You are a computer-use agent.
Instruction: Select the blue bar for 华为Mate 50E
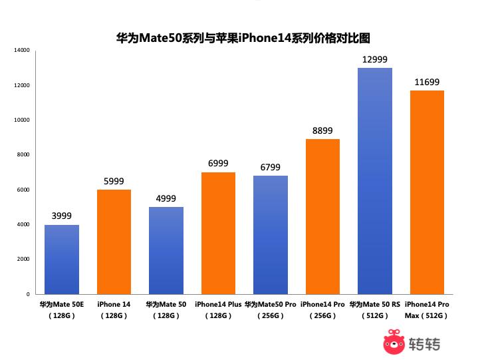pos(62,260)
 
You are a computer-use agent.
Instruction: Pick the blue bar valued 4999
pos(166,250)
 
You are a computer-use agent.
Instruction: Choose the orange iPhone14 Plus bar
pos(218,233)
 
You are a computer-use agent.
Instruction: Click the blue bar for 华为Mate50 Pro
pos(270,235)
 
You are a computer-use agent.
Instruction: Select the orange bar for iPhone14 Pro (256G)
pos(322,216)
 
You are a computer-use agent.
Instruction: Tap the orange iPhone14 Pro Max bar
pos(427,192)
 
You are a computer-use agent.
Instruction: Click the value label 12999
pos(374,60)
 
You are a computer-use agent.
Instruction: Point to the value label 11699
pos(427,83)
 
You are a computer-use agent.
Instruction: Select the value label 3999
pos(62,216)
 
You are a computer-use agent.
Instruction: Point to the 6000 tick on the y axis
pos(23,190)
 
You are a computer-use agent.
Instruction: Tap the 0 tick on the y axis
pos(27,293)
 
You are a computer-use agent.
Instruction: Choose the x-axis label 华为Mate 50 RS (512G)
pos(375,309)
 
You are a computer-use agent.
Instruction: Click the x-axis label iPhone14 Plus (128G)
pos(218,309)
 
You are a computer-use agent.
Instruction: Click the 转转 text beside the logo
pos(424,344)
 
